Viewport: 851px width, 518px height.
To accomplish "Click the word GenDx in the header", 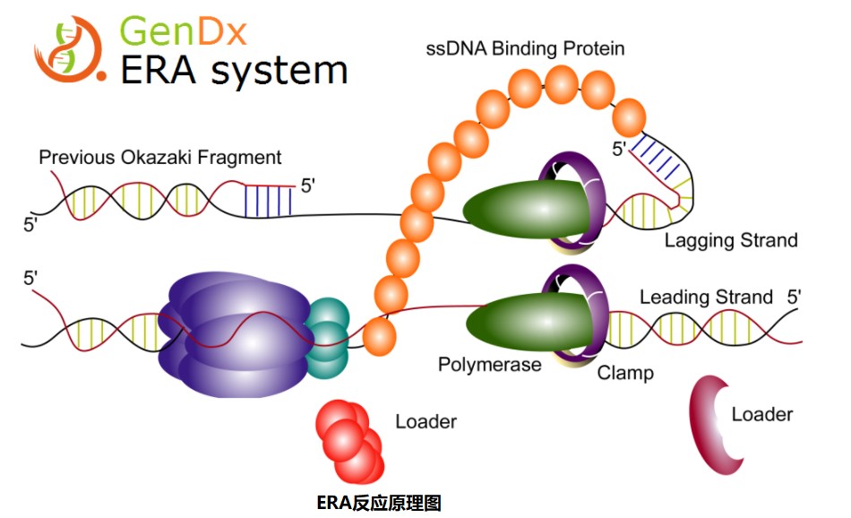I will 183,32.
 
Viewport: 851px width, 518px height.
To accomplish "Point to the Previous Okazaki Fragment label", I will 159,158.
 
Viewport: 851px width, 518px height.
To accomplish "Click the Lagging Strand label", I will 730,240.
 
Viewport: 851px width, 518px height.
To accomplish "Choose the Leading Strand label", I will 706,297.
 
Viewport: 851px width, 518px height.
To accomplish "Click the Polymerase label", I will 489,365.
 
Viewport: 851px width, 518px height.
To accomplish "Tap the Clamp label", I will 625,372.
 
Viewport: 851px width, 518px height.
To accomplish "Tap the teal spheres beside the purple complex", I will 327,336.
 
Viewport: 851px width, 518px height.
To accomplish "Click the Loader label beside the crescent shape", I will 761,414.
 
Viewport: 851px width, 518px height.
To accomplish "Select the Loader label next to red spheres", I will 425,421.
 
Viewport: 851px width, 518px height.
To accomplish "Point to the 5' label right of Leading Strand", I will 795,297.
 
